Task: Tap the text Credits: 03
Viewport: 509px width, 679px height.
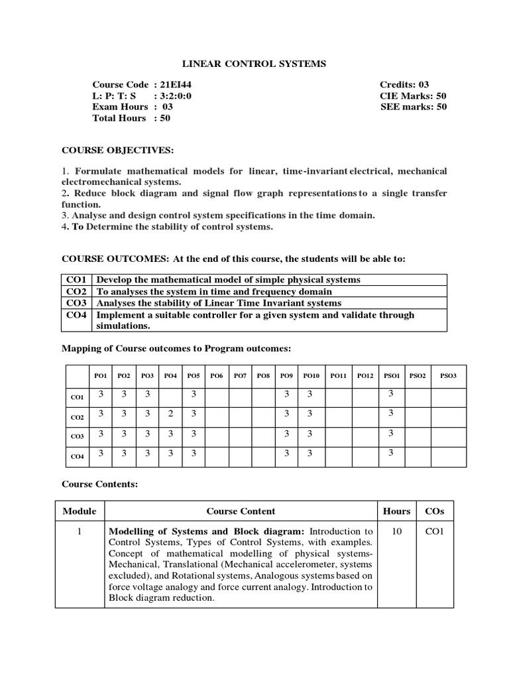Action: coord(404,85)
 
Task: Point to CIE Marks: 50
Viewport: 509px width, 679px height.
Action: coord(413,95)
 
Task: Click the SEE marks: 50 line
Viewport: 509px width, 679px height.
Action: coord(413,107)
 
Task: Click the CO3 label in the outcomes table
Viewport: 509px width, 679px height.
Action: coord(77,302)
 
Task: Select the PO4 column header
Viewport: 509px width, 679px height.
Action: coord(170,376)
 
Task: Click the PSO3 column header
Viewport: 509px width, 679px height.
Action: coord(448,376)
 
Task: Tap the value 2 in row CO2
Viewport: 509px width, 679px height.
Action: coord(170,413)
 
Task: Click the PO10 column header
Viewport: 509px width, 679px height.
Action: coord(311,376)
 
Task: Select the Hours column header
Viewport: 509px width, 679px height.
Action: coord(396,511)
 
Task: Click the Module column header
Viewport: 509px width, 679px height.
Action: coord(80,511)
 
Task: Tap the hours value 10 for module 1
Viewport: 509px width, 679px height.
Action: coord(396,531)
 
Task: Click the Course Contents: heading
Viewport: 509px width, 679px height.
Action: coord(99,485)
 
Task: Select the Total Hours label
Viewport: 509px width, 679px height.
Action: coord(119,118)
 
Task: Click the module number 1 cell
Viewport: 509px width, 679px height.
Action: coord(80,531)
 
